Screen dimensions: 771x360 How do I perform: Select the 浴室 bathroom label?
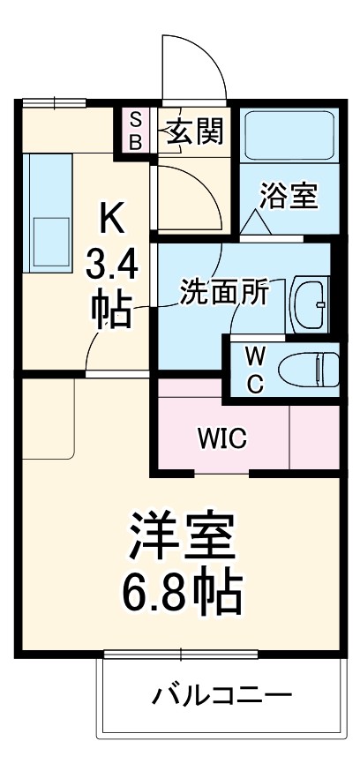pyautogui.click(x=289, y=197)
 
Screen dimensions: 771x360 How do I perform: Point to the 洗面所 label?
pyautogui.click(x=222, y=293)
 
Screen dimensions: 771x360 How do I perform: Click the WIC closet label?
pyautogui.click(x=221, y=438)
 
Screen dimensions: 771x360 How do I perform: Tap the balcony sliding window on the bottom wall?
pyautogui.click(x=181, y=655)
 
